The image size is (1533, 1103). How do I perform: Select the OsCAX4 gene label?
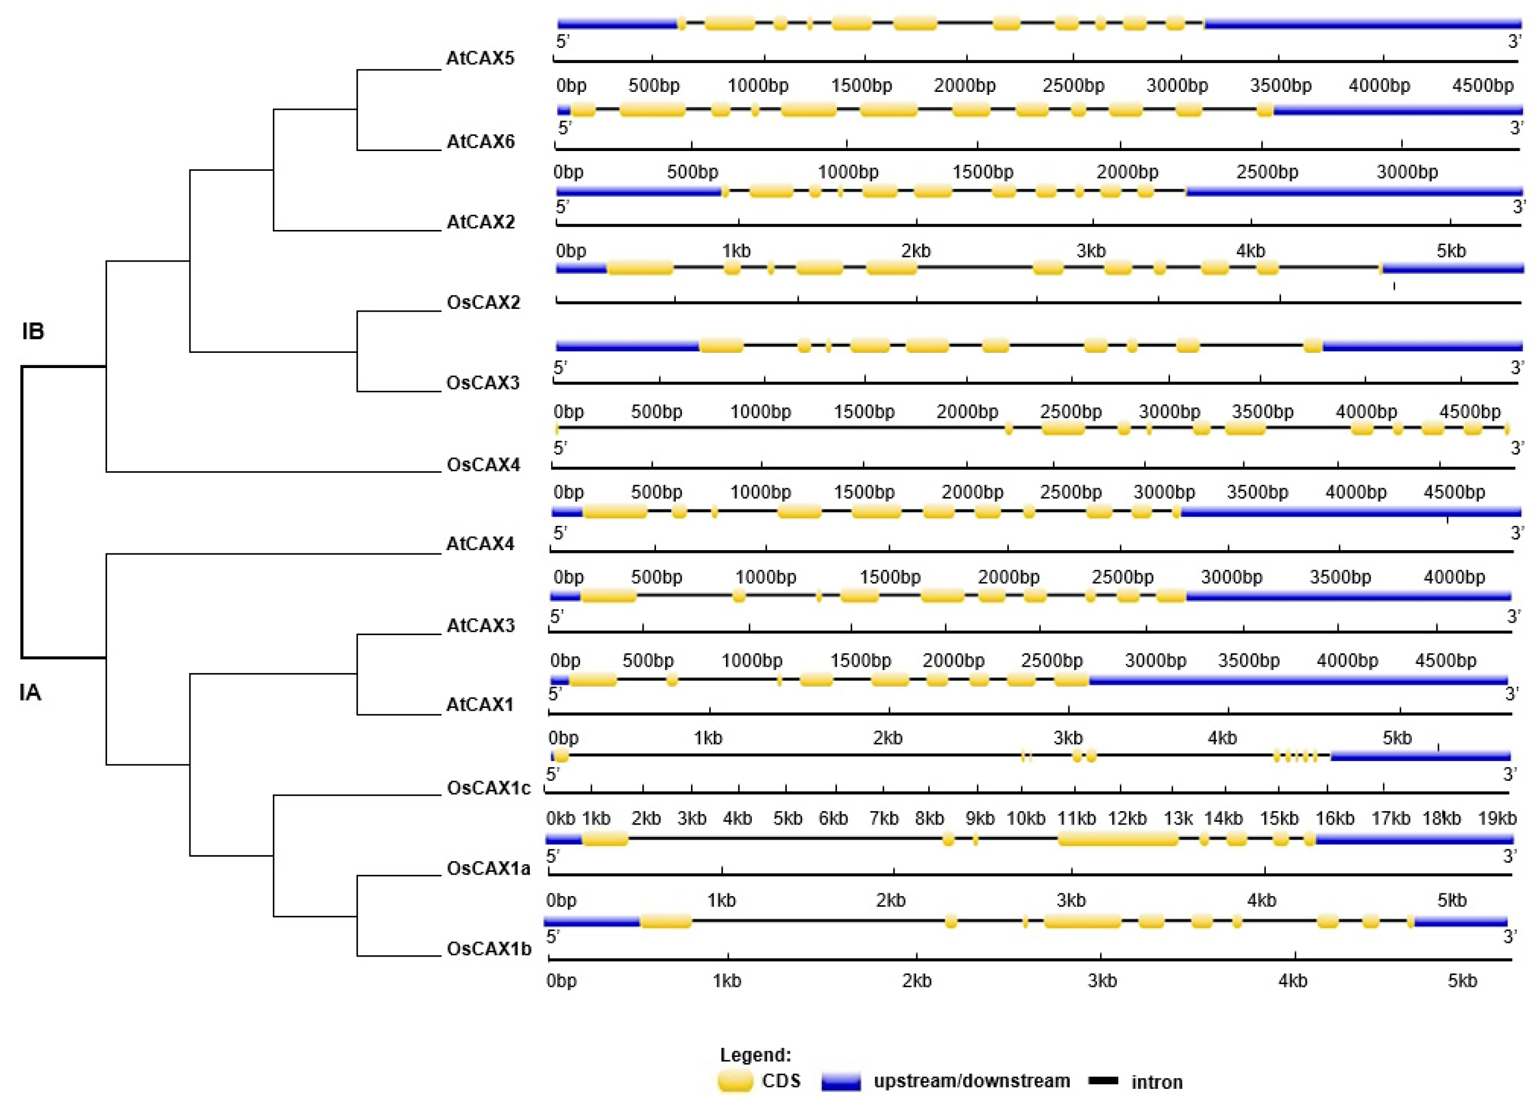pos(483,465)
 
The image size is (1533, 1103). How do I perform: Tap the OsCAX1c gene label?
pos(489,788)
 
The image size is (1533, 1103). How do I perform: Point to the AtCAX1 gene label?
pos(480,705)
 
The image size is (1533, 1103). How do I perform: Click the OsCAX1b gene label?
pos(489,949)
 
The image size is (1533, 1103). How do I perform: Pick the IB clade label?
pos(33,331)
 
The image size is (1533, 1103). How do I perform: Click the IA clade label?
pos(30,693)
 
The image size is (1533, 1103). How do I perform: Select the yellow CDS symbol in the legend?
pos(735,1082)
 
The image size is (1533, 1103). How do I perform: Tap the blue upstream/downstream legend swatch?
pos(841,1082)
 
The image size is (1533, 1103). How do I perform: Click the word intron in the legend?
pos(1157,1082)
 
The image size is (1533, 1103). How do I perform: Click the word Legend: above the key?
pos(755,1055)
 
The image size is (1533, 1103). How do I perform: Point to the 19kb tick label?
pos(1497,818)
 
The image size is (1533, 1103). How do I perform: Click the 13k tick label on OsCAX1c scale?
pos(1177,818)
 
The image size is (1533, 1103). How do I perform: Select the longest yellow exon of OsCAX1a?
pos(1118,839)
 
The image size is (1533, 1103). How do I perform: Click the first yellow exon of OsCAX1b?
pos(666,920)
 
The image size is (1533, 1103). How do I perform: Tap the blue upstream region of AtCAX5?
pos(617,24)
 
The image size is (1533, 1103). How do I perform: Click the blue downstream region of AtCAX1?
pos(1298,679)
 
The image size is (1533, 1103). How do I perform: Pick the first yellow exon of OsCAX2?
pos(640,268)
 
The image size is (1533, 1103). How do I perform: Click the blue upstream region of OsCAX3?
pos(627,347)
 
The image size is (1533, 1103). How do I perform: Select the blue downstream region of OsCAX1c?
pos(1420,756)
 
